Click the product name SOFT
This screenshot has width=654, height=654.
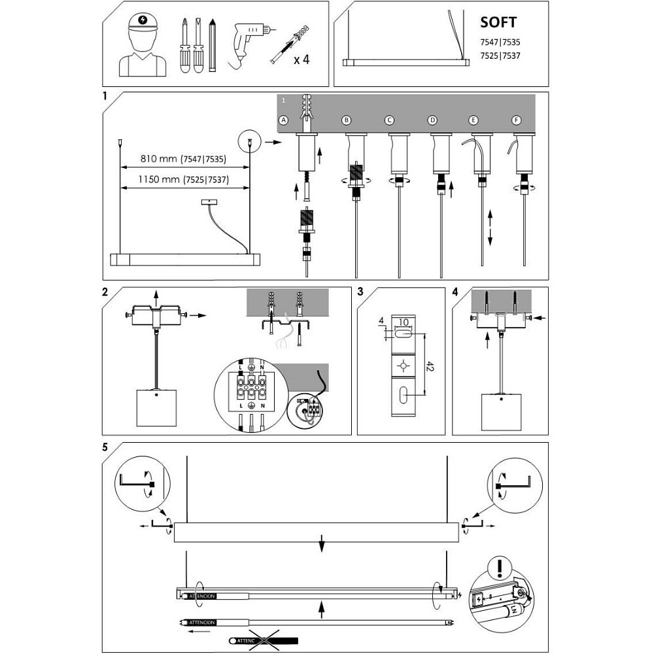[x=498, y=22]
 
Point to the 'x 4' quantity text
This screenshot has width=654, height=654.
[x=301, y=60]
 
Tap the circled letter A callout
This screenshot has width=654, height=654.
[x=283, y=120]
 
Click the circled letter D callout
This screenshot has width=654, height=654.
[x=432, y=120]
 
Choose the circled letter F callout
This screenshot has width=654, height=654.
[x=516, y=120]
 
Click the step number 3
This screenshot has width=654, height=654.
[x=360, y=292]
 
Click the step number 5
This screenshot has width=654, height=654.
[x=105, y=448]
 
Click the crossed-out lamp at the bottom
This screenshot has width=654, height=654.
[x=265, y=639]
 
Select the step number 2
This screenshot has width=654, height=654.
[x=105, y=292]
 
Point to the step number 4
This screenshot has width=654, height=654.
[x=455, y=292]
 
